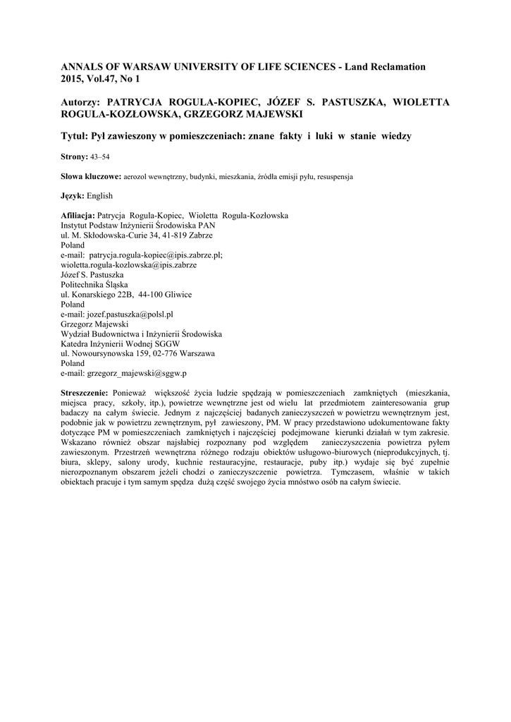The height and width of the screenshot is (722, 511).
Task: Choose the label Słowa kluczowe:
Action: click(x=91, y=176)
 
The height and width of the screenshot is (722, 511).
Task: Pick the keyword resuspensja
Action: click(x=331, y=176)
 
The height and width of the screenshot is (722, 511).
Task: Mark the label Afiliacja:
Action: click(x=78, y=216)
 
